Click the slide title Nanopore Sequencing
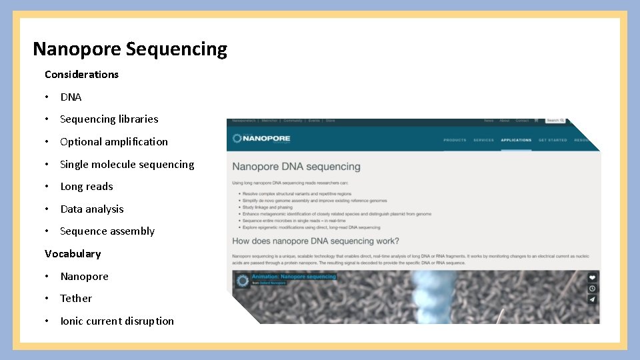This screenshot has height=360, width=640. (x=130, y=49)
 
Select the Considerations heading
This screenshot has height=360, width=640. (x=81, y=74)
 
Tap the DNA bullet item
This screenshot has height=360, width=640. (x=71, y=97)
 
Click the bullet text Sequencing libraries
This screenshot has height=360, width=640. (x=109, y=119)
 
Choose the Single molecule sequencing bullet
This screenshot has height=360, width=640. (x=127, y=165)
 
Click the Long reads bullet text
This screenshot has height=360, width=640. (x=87, y=187)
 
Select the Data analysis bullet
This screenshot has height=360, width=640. (x=92, y=209)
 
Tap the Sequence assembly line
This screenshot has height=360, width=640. (x=107, y=231)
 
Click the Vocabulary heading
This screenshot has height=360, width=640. (x=73, y=254)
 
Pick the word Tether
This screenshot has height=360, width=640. (x=76, y=299)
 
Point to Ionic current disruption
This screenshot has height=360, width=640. (x=117, y=321)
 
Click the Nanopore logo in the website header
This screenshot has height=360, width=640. (x=261, y=139)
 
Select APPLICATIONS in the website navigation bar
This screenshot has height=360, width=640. (x=516, y=140)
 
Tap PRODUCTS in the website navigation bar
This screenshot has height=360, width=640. (x=455, y=140)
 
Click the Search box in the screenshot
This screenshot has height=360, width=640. (x=555, y=121)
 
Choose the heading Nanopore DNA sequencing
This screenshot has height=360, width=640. (x=296, y=167)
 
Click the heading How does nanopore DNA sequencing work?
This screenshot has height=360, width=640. (x=315, y=241)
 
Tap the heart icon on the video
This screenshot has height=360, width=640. (x=592, y=277)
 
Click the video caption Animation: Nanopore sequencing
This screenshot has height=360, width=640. (x=293, y=277)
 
